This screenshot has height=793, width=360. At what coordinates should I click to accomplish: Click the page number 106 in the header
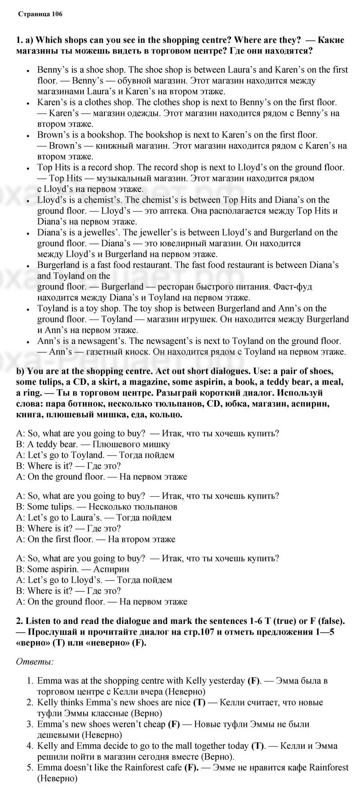point(57,14)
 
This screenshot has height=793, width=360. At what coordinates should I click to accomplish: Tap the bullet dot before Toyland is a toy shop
point(28,309)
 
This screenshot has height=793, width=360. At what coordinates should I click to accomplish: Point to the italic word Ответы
point(34,662)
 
